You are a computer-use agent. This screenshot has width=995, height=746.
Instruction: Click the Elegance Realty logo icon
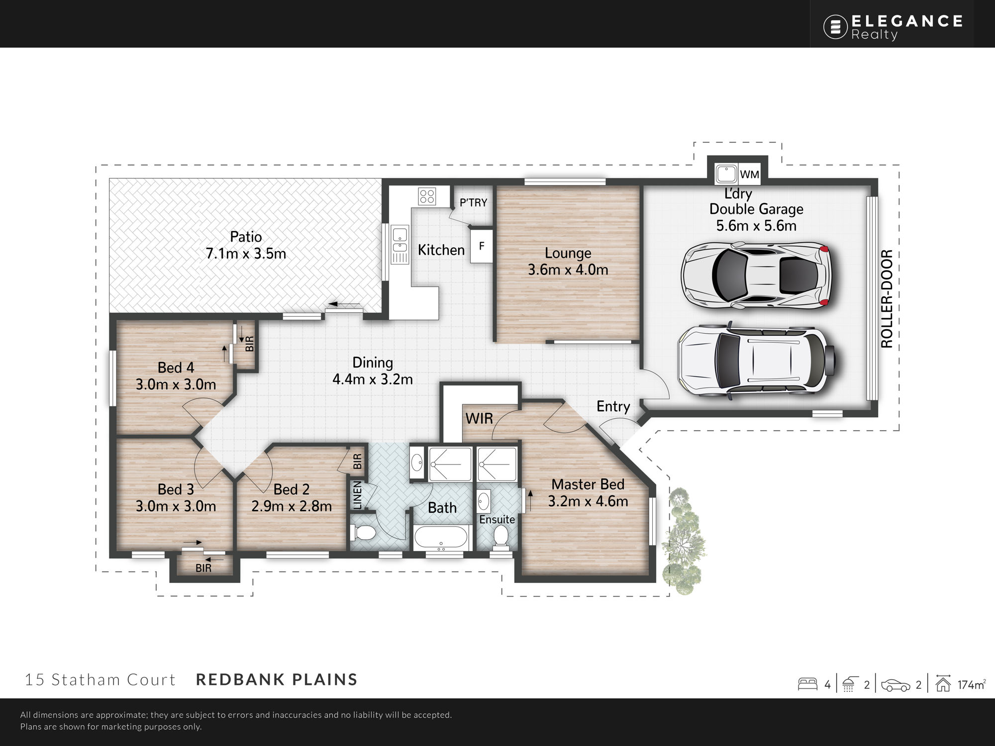[x=835, y=27]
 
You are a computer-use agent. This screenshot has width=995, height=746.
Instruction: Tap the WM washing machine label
[x=749, y=175]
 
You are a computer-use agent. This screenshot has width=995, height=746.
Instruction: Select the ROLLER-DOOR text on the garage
[x=887, y=298]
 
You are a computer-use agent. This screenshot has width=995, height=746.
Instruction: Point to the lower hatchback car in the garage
[x=756, y=360]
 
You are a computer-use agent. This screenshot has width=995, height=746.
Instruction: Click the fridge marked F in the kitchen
[x=482, y=246]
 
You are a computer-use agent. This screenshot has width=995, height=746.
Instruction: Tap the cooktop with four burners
[x=427, y=196]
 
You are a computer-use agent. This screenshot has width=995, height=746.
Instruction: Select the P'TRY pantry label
[x=473, y=202]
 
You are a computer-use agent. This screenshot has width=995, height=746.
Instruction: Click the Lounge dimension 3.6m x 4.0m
[x=568, y=270]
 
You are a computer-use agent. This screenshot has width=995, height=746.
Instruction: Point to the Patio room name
[x=246, y=237]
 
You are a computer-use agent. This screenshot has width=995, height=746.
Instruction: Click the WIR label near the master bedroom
[x=479, y=419]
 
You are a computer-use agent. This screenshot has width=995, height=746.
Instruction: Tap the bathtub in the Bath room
[x=441, y=538]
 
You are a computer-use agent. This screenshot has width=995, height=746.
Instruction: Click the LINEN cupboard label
[x=357, y=495]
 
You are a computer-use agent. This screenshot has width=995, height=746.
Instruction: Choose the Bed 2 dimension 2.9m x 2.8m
[x=292, y=506]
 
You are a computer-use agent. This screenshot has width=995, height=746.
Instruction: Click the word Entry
[x=613, y=407]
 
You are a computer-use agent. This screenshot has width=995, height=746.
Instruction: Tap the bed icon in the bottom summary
[x=807, y=684]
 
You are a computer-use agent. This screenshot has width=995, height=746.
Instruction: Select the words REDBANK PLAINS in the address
[x=277, y=679]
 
